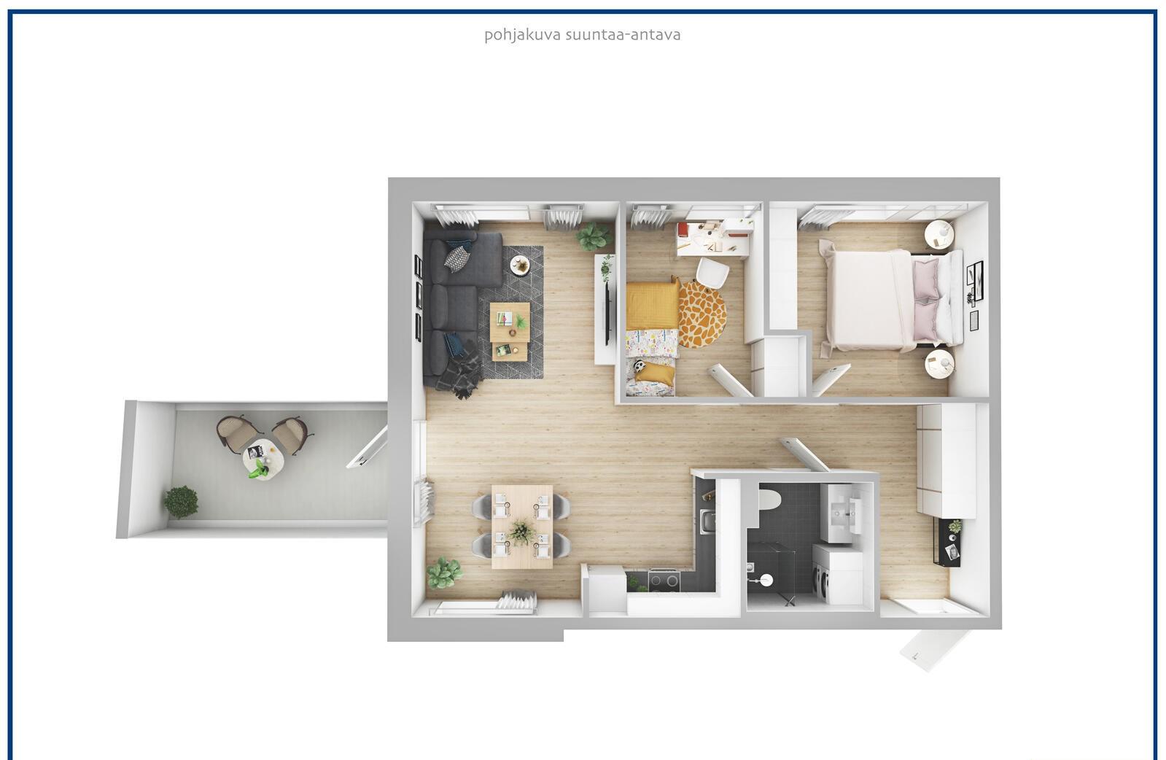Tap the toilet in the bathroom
point(769,500)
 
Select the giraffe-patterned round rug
point(702,314)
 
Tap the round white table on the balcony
point(263,459)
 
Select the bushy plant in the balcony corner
point(181,502)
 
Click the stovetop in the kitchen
point(664,580)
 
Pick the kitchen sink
point(707,522)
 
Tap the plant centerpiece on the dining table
point(521,532)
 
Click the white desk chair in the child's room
point(712,273)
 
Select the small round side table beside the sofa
point(519,265)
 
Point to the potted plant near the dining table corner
point(444,573)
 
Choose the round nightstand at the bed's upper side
point(939,234)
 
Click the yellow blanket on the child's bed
point(653,306)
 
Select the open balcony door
point(368,447)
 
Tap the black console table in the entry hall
point(947,543)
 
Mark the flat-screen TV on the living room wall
point(607,306)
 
